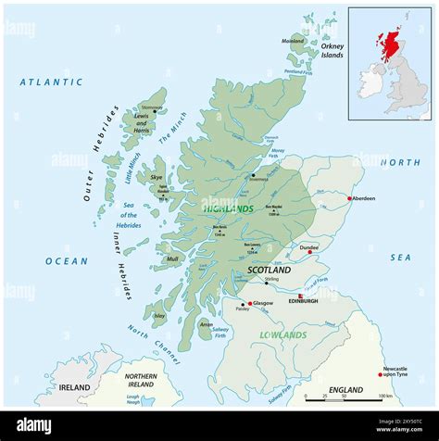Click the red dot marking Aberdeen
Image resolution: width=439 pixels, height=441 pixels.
coord(349,198)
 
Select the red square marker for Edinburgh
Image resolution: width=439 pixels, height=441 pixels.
coord(300,296)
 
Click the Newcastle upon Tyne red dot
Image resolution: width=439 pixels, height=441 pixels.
coord(380,374)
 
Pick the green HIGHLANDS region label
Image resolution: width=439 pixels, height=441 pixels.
coord(228,209)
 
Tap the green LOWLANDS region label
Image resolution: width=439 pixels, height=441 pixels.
coord(283,334)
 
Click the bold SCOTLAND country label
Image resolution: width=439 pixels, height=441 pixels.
coord(269,270)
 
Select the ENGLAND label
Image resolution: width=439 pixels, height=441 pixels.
coord(345,390)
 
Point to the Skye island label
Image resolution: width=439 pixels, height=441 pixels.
coord(157,176)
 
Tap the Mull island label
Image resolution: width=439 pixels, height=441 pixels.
coord(172,259)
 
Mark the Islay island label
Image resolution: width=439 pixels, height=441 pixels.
coord(159,316)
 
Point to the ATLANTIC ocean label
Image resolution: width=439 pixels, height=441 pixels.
coord(52,82)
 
